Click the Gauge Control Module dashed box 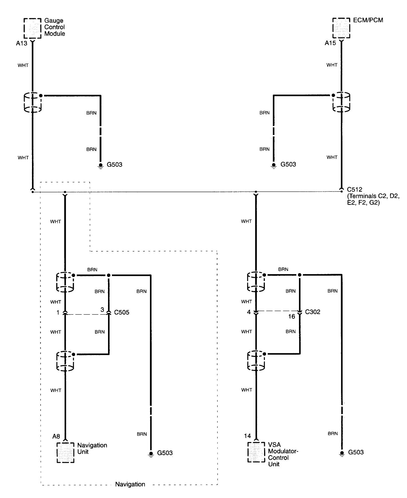tap(32, 28)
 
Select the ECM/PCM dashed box tap(341, 28)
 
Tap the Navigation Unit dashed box tap(65, 453)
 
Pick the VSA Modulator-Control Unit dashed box tap(256, 452)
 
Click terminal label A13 tap(21, 44)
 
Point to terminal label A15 tap(330, 43)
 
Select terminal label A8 tap(56, 436)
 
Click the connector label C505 tap(122, 312)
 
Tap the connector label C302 tap(313, 312)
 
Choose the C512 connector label tap(354, 190)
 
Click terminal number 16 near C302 tap(291, 316)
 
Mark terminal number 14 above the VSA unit tap(247, 436)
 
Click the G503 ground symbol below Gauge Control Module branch tap(101, 166)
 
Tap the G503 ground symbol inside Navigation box tap(151, 454)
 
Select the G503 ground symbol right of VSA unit tap(342, 453)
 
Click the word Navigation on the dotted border tap(130, 484)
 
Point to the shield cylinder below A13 tap(32, 102)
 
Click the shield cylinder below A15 tap(341, 102)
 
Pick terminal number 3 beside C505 tap(102, 310)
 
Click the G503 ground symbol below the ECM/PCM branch tap(274, 165)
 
